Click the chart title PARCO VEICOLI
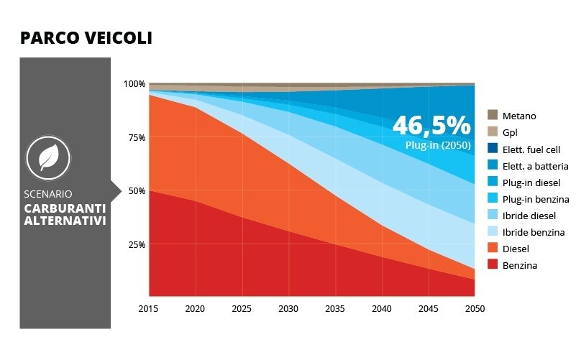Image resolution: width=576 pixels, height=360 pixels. point(86,38)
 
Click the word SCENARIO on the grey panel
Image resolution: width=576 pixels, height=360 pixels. point(47,194)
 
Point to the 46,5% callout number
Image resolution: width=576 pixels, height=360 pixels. point(431,126)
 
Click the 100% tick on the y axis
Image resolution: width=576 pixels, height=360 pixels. point(134,84)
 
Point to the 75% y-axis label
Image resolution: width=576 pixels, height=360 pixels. point(136,137)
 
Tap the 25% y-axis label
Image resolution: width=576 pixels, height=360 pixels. point(136,244)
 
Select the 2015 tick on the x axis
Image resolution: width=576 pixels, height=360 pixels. point(149,309)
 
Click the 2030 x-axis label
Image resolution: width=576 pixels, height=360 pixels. point(289,309)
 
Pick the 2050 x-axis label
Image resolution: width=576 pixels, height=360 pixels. point(475,309)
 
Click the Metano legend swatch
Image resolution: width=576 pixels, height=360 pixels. point(493,116)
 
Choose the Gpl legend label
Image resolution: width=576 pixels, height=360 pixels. point(510,133)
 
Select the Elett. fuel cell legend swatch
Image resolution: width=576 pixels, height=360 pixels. point(493,149)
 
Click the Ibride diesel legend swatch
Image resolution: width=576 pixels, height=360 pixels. point(493,215)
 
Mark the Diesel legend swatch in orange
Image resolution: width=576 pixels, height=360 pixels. point(493,249)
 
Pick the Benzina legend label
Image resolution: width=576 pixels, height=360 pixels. point(520,265)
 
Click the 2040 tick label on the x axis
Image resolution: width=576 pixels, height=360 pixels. point(382,309)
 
